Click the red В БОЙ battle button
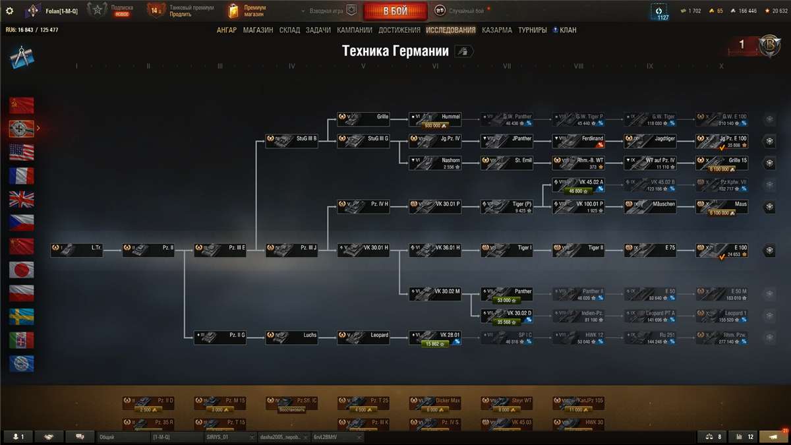click(x=395, y=11)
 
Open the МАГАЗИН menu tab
click(x=258, y=30)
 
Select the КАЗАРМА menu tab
click(x=496, y=30)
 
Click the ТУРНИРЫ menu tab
click(x=533, y=30)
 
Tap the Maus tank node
click(x=722, y=207)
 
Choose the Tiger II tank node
click(x=578, y=251)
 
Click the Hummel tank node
click(x=434, y=119)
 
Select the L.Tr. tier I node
click(x=76, y=251)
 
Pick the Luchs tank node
click(x=291, y=338)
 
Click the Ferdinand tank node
click(x=578, y=141)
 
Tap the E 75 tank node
click(x=650, y=251)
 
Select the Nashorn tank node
click(x=434, y=163)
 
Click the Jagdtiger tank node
click(x=650, y=141)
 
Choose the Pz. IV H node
click(x=363, y=207)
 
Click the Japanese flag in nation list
click(x=22, y=270)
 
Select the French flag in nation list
click(x=22, y=175)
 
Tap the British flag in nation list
click(x=22, y=199)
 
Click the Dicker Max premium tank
click(x=434, y=403)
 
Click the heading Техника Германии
click(x=395, y=51)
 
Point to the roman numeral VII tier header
click(x=506, y=67)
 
